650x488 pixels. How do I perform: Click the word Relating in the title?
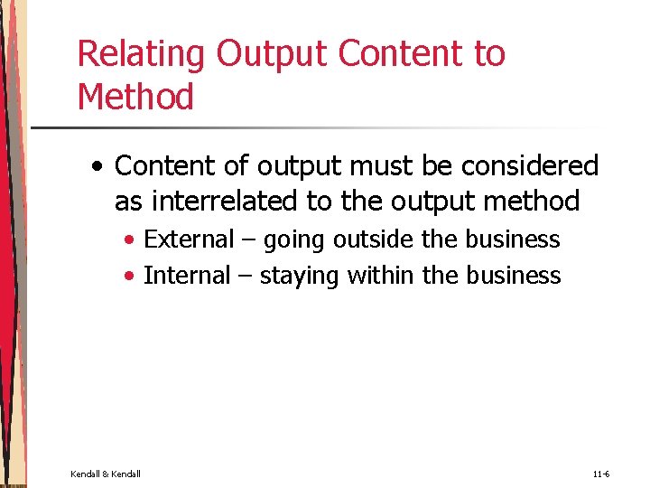pyautogui.click(x=142, y=54)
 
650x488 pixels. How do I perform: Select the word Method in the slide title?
pyautogui.click(x=135, y=97)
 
